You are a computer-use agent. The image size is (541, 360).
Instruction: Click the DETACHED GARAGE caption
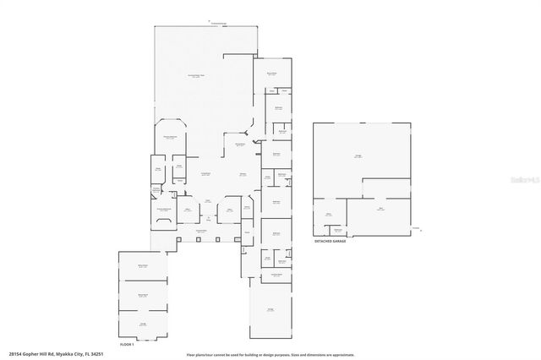[x=329, y=241]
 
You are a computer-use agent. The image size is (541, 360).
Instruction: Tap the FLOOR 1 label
[x=127, y=344]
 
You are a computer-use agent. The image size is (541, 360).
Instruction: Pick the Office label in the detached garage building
[x=327, y=215]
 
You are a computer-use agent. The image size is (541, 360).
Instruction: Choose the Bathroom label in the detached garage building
[x=337, y=230]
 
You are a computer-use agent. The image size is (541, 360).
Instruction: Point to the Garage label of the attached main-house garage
[x=271, y=310]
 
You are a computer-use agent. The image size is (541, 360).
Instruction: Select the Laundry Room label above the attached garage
[x=276, y=274]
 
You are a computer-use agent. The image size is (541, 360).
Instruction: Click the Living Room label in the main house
[x=205, y=173]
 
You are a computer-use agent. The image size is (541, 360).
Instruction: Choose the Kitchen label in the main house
[x=243, y=174]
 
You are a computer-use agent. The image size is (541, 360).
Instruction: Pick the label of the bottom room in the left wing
[x=143, y=324]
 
